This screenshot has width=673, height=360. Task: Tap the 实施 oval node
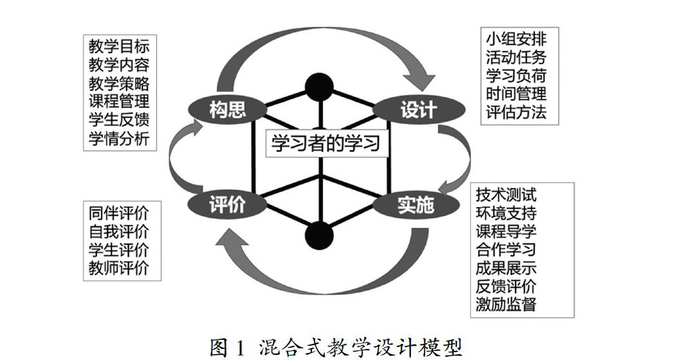click(415, 206)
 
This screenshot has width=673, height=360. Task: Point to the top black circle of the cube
click(318, 85)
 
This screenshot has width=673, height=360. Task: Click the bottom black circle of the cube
click(318, 234)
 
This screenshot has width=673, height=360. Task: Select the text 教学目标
click(119, 47)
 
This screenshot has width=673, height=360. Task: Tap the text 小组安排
click(516, 38)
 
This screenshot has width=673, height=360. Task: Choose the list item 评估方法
click(516, 112)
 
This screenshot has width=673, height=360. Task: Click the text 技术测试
click(506, 194)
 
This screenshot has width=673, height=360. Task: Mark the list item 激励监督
click(506, 304)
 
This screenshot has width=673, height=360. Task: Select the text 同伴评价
click(119, 213)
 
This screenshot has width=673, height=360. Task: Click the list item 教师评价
click(119, 267)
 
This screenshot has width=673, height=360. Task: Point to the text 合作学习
click(506, 249)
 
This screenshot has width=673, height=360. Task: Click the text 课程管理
click(119, 102)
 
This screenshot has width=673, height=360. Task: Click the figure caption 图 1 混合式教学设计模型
click(336, 347)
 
